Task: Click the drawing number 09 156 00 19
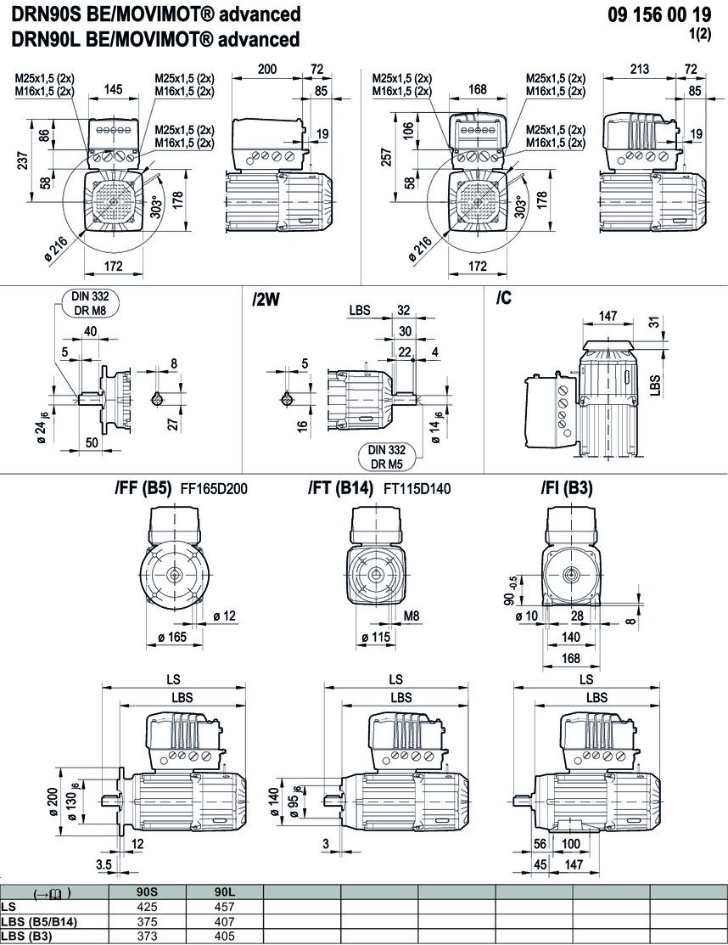[x=659, y=14]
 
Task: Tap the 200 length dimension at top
[x=267, y=68]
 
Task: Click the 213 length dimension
[x=641, y=68]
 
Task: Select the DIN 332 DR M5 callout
[x=385, y=456]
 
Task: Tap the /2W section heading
[x=267, y=299]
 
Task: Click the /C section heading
[x=504, y=299]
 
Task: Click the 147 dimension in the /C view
[x=608, y=315]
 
